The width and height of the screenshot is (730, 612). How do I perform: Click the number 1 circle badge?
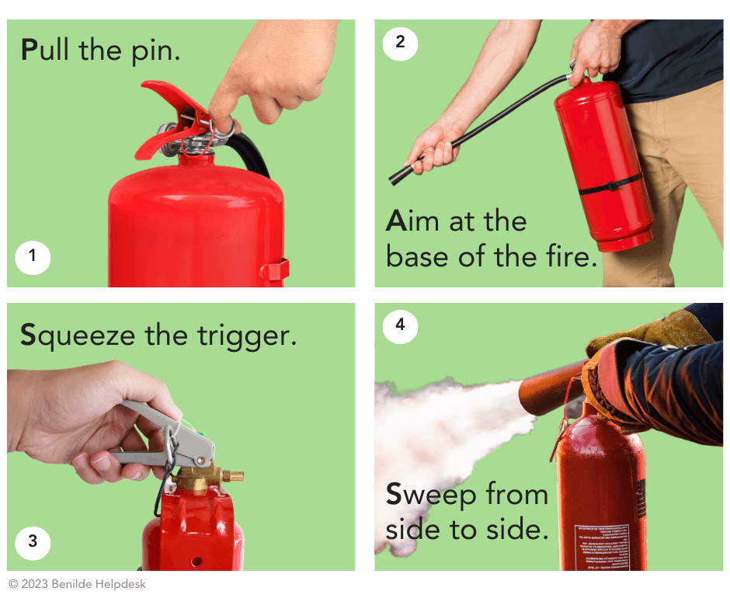point(33,256)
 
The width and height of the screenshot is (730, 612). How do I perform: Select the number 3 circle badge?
point(33,541)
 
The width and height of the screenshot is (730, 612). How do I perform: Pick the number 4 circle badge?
point(400,325)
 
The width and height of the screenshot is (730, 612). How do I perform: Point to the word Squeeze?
point(78,336)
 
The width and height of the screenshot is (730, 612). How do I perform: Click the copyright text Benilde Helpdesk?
point(99,584)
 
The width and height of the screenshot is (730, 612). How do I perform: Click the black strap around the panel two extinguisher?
point(610,186)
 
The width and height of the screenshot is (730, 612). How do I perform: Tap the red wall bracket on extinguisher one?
point(276,270)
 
